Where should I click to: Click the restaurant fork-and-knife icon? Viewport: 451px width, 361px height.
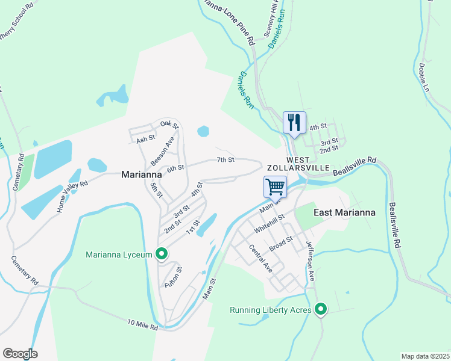(294, 123)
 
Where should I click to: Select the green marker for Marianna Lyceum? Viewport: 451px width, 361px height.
(162, 255)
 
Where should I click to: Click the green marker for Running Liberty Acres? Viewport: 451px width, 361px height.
(321, 310)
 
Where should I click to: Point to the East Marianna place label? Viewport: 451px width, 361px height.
(344, 212)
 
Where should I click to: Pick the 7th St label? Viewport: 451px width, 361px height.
(225, 159)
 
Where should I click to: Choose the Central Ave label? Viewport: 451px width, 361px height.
(260, 258)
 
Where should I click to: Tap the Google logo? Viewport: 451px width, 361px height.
(20, 353)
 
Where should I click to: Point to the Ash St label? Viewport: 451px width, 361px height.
(146, 139)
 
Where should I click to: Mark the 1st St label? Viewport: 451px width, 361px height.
(192, 228)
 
